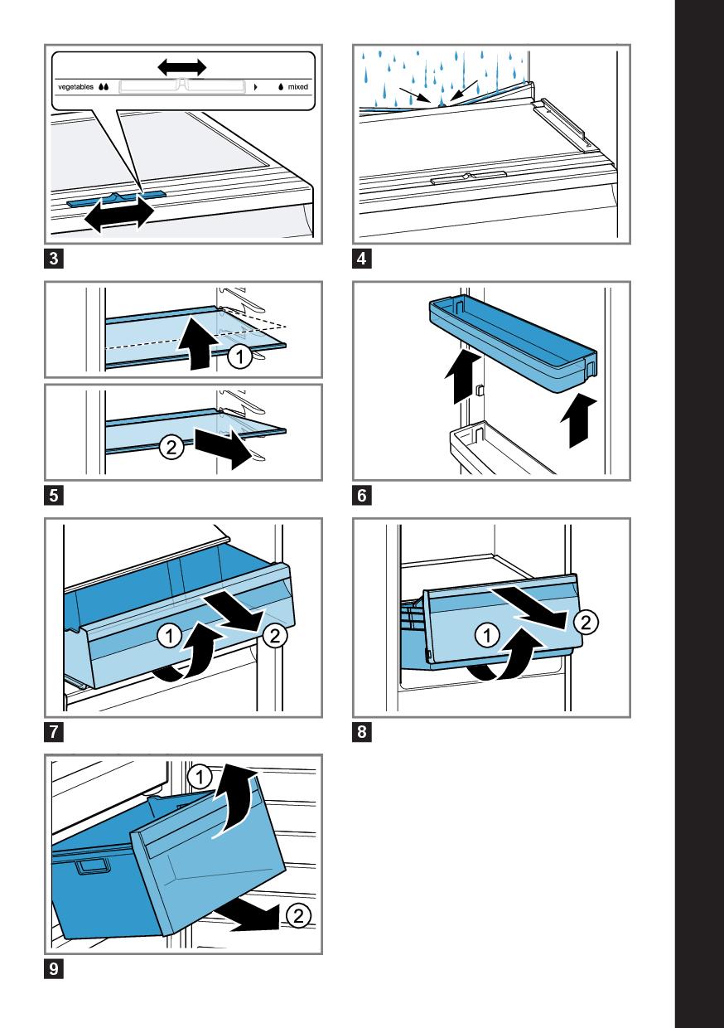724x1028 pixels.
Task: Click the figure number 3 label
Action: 54,259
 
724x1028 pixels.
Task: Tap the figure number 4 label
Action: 362,259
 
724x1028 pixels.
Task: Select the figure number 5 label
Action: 54,496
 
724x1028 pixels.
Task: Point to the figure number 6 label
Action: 362,496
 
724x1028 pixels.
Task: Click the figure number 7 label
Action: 54,732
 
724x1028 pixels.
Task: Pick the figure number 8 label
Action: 362,732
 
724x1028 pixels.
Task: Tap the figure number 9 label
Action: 54,969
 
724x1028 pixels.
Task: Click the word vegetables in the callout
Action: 75,87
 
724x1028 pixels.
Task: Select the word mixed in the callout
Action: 298,87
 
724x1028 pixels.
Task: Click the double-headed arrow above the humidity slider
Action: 182,67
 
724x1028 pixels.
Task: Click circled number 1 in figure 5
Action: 239,356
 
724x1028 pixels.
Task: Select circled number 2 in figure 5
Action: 171,447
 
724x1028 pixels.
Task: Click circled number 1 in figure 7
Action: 169,636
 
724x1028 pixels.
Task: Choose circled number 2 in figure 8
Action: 586,623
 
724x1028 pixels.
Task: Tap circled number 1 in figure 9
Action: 200,777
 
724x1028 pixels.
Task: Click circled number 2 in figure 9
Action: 298,915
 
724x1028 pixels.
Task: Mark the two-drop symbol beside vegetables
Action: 104,87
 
